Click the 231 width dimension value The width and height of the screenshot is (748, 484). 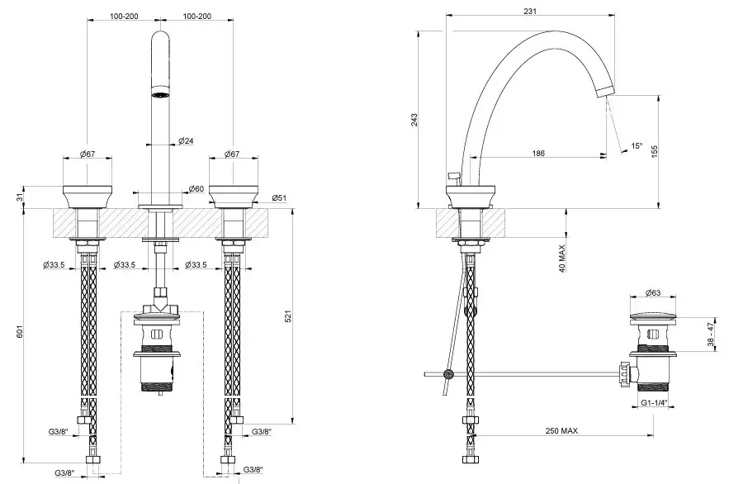(530, 11)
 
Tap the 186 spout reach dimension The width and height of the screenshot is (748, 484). (538, 154)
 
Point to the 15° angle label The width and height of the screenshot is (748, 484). (636, 146)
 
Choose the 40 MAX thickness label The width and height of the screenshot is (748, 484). (562, 257)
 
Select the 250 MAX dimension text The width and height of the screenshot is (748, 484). (572, 430)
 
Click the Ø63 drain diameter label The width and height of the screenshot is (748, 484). (653, 292)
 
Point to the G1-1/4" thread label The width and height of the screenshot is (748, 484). (654, 404)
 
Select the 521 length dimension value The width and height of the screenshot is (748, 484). (287, 317)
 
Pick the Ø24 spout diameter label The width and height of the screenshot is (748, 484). (186, 141)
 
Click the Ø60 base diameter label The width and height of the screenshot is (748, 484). (196, 188)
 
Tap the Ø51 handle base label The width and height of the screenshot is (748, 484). (279, 197)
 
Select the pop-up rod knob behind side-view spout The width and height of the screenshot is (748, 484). (452, 175)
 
